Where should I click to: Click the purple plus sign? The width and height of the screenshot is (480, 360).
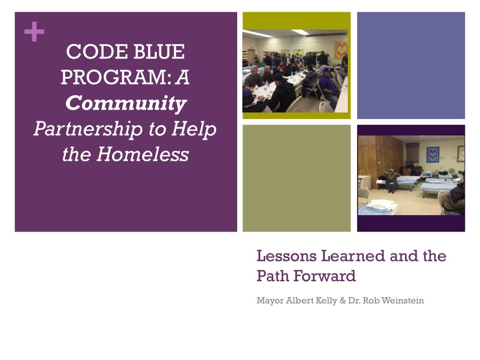tap(34, 32)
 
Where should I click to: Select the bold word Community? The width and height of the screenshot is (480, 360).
tap(126, 103)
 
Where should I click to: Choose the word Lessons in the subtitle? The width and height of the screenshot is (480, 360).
tap(286, 256)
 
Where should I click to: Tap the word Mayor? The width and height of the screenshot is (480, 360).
tap(270, 300)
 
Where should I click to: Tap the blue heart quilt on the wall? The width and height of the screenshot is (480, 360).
tap(433, 154)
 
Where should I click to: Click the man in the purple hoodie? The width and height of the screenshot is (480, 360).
tap(329, 87)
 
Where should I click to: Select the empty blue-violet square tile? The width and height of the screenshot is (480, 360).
tap(411, 65)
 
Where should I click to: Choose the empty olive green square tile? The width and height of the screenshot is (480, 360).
tap(296, 178)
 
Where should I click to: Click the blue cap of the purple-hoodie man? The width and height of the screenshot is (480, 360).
tap(327, 70)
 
